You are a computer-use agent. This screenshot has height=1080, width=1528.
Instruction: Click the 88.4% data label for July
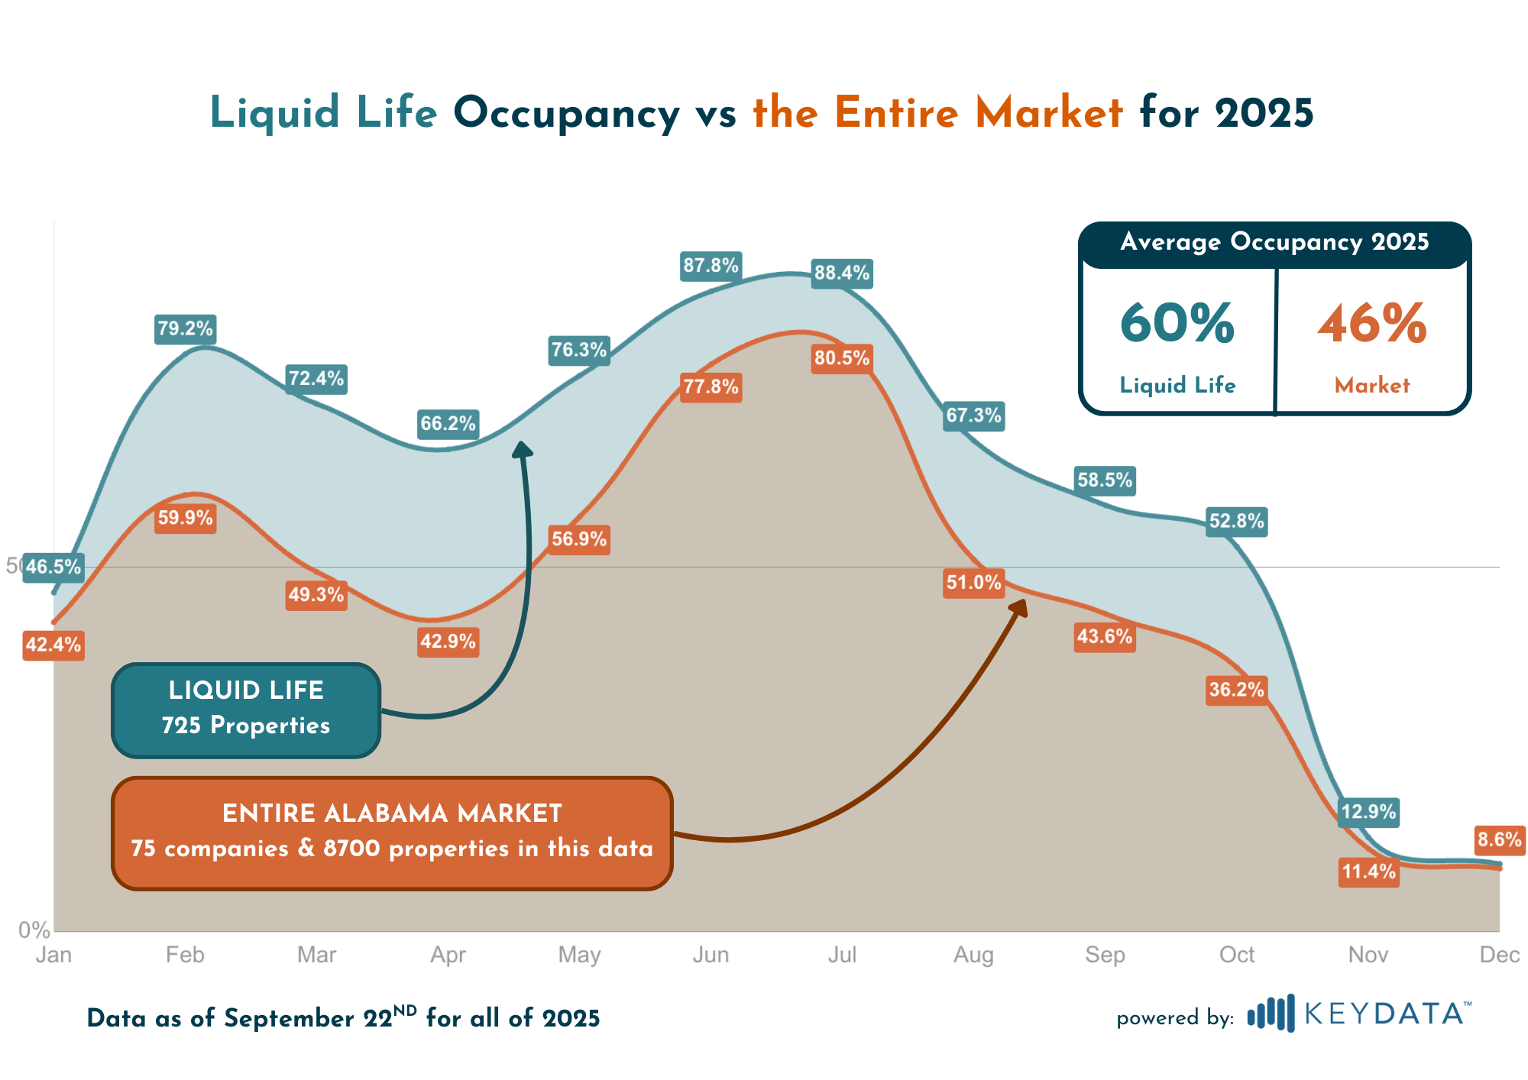pos(841,273)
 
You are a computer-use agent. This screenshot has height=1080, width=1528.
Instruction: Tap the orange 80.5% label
pos(841,358)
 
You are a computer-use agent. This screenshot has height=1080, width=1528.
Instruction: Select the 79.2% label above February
pos(185,328)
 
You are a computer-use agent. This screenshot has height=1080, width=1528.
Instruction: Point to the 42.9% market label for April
pos(448,642)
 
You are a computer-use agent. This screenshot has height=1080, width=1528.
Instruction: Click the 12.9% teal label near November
pos(1368,811)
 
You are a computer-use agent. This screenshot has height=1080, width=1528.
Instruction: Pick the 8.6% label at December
pos(1499,840)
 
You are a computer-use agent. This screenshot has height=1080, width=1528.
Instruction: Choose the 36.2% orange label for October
pos(1236,690)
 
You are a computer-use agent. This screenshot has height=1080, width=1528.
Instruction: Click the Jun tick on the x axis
pos(711,955)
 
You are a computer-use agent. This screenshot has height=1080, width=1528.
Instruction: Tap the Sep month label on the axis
pos(1105,955)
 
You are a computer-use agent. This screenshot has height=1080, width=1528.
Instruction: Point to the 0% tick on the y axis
pos(34,930)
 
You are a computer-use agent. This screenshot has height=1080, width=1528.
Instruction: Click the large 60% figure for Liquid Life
pos(1177,324)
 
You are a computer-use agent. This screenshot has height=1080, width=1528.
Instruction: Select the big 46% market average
pos(1372,324)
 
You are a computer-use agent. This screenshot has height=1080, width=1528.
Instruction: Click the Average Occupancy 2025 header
pos(1274,242)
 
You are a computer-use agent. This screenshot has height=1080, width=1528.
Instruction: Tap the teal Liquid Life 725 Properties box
pos(246,710)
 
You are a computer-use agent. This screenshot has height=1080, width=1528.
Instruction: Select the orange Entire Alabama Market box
pos(392,833)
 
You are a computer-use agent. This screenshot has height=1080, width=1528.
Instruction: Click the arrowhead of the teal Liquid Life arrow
pos(523,449)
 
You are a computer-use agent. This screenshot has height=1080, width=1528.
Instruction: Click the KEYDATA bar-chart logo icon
pos(1271,1014)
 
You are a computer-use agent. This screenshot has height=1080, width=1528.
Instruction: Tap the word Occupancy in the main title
pos(566,113)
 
